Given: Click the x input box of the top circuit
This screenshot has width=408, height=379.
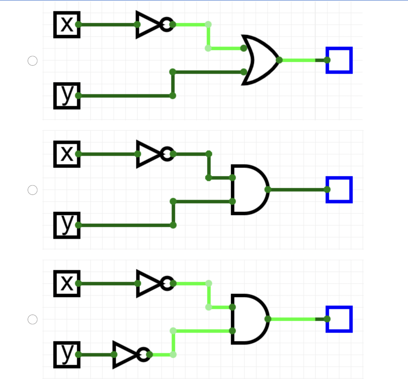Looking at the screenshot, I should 67,25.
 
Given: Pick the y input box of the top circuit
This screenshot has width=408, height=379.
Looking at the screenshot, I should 67,96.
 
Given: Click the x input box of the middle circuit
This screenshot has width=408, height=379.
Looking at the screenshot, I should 67,154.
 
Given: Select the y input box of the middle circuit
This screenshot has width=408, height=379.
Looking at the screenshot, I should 67,225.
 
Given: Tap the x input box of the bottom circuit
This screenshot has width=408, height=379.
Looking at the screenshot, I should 67,284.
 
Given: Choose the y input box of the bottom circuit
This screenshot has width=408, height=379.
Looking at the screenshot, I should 67,354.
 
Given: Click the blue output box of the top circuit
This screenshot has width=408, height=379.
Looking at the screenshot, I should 339,60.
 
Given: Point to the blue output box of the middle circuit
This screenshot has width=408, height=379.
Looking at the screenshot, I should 339,189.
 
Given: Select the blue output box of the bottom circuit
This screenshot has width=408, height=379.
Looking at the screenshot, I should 339,319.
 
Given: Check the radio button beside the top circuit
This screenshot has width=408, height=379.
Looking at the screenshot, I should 32,61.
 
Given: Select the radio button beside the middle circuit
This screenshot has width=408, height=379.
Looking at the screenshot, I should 32,190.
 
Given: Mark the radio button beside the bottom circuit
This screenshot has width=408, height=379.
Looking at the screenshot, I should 32,319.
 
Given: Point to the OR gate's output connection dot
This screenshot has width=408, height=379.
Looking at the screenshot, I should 279,60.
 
